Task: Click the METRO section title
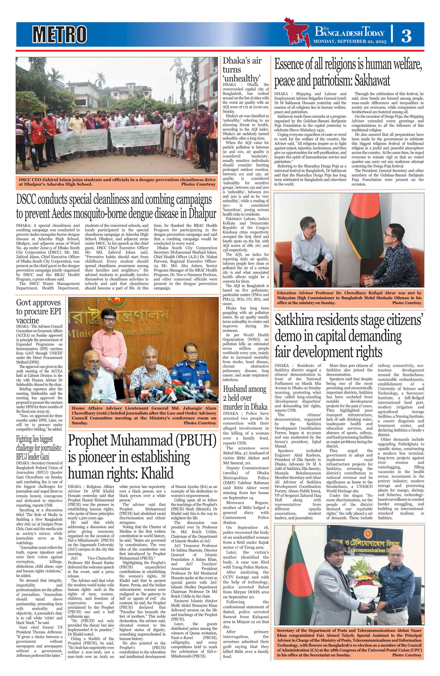pos(59,34)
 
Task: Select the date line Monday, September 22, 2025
pos(350,41)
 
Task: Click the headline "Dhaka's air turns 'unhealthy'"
pos(242,70)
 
